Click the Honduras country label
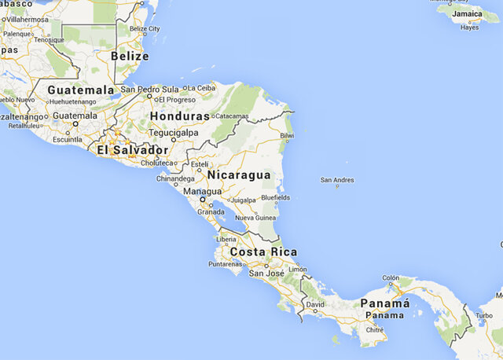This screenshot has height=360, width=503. [x=180, y=116]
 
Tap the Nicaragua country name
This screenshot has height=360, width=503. [x=239, y=174]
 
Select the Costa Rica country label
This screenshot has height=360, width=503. [x=264, y=252]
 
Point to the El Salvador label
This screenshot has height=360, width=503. [x=132, y=149]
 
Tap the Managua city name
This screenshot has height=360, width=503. [x=202, y=191]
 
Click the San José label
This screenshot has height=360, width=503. [x=265, y=273]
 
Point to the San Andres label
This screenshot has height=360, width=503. [x=337, y=181]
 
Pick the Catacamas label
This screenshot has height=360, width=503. [x=231, y=116]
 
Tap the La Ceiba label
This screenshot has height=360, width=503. [x=200, y=87]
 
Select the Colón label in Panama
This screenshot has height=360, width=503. [x=391, y=277]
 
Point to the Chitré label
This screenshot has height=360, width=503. [x=375, y=330]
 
